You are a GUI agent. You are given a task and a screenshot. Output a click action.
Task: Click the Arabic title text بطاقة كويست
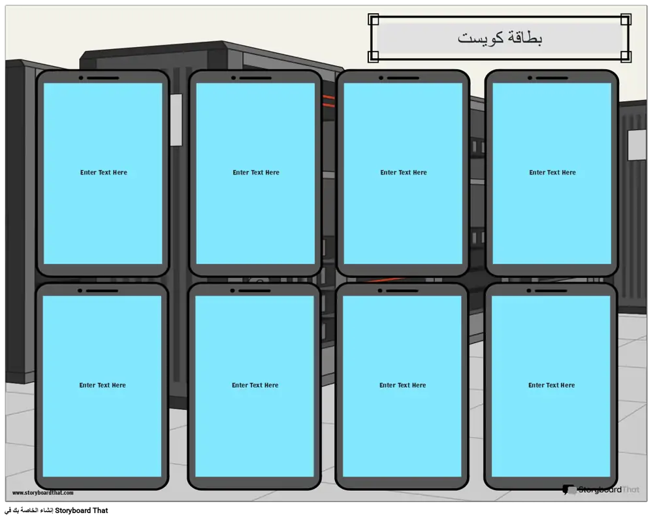pos(500,37)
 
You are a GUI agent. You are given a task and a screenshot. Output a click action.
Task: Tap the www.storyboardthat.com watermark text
pos(43,493)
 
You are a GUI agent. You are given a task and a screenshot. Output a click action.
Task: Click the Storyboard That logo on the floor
pos(601,490)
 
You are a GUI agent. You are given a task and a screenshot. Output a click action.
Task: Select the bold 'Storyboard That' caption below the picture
pos(82,511)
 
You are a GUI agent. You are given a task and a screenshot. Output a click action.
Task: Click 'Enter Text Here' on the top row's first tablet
pos(104,172)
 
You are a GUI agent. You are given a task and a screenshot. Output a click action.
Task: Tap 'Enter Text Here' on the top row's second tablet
pos(256,172)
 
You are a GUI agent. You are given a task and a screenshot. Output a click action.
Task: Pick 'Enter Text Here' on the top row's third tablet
pos(404,172)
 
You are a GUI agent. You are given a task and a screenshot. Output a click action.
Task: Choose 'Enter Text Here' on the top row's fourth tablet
pos(552,172)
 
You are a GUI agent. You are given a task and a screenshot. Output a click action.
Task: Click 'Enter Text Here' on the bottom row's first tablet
pos(103,385)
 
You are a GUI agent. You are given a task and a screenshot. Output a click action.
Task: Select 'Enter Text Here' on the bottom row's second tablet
pos(255,385)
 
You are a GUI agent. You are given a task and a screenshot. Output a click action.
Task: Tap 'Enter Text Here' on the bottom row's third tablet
pos(403,385)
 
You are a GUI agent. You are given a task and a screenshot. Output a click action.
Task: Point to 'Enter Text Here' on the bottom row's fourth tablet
pos(552,385)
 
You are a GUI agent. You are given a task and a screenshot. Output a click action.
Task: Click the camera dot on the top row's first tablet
pos(81,78)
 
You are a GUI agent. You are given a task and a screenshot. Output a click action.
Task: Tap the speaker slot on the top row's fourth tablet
pos(552,78)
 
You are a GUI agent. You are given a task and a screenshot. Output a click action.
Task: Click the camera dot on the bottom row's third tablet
pos(380,291)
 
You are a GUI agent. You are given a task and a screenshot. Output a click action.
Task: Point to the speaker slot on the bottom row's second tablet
pos(255,291)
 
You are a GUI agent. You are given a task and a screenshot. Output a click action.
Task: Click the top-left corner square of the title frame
pos(374,19)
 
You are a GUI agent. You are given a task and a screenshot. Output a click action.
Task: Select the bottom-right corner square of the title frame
pos(626,56)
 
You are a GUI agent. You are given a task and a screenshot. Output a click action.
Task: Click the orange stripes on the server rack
pos(328,101)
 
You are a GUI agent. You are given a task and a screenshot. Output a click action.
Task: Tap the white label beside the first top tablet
pos(176,120)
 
